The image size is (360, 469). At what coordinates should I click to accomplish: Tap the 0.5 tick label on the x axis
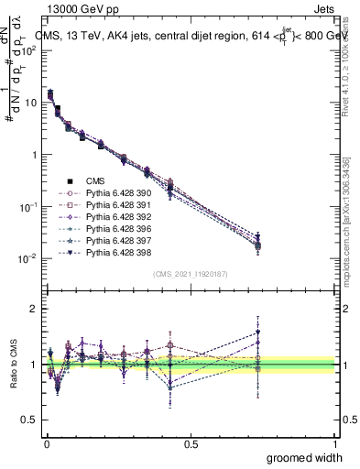191,443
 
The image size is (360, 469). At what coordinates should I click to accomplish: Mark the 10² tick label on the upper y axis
29,50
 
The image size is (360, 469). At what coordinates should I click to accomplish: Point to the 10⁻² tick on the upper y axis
29,258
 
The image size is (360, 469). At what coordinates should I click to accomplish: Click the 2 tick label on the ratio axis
33,309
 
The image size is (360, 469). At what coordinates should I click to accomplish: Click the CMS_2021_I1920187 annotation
191,274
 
